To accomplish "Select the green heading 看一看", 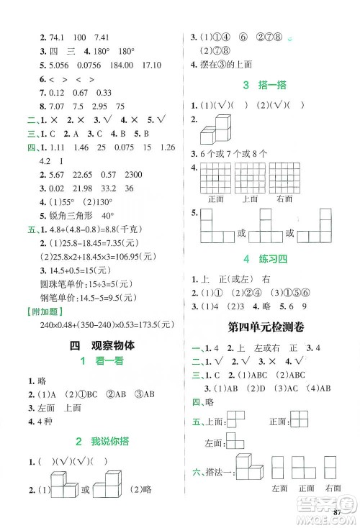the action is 99,364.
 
